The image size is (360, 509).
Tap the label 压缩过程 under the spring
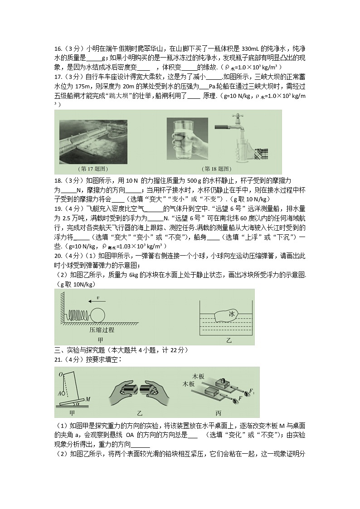coord(101,330)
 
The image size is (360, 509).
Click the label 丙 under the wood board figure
coord(219,413)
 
